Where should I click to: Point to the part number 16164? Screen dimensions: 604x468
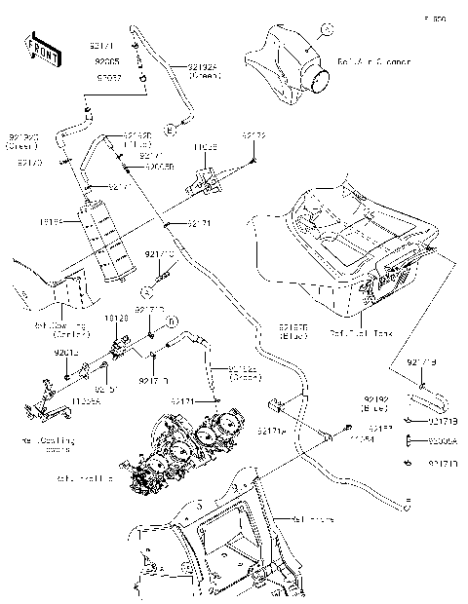[x=51, y=222]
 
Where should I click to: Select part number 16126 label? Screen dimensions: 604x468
[x=117, y=318]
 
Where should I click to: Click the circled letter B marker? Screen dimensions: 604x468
[x=171, y=321]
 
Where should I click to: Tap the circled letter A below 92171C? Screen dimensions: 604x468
[x=142, y=291]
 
